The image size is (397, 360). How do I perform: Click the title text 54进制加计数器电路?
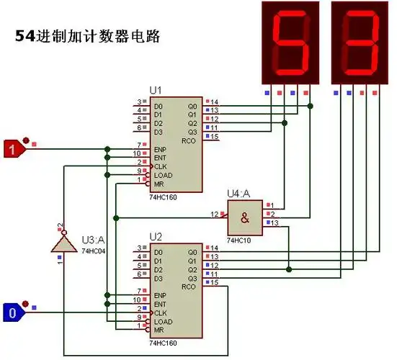pos(87,36)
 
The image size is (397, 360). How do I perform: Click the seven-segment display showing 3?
pos(358,42)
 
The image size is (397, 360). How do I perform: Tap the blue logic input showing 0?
pos(14,313)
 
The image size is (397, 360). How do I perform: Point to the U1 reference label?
pos(156,90)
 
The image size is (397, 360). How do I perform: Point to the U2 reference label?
pos(156,237)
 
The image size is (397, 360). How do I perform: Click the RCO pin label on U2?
pos(190,287)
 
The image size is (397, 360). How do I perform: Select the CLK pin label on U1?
pos(159,166)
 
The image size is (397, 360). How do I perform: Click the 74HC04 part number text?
pos(94,251)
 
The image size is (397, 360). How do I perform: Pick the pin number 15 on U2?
pos(214,282)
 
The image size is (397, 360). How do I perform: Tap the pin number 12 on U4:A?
pos(214,214)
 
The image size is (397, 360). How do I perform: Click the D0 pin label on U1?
pos(158,106)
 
